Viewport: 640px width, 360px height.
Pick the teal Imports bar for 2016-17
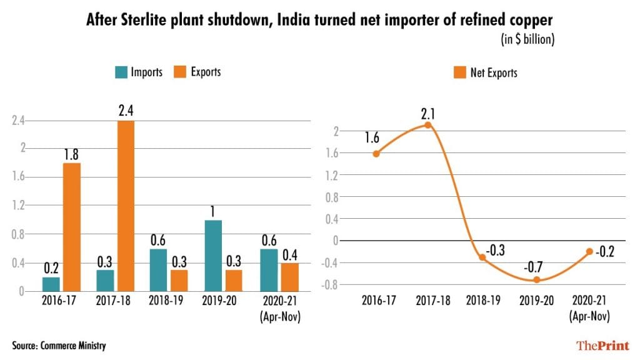[51, 284]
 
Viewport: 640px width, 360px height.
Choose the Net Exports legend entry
[485, 73]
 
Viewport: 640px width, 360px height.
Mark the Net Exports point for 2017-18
[427, 125]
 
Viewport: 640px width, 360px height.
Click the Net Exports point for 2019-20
[536, 279]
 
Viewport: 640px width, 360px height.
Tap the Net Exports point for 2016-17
[375, 154]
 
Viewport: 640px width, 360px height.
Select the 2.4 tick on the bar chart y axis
[19, 121]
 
